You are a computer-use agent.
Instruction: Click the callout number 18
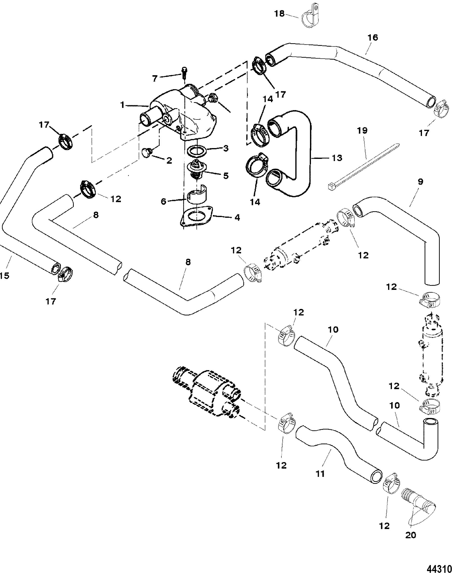(x=279, y=13)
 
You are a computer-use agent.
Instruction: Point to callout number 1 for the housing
(x=122, y=105)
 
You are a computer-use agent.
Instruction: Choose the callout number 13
(x=337, y=158)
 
